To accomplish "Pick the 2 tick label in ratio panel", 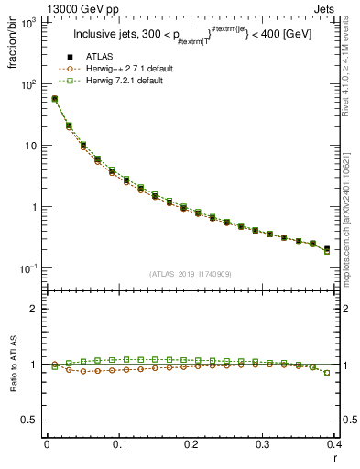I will (35, 309).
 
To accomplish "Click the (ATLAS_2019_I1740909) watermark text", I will (191, 274).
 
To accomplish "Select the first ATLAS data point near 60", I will (54, 99).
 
